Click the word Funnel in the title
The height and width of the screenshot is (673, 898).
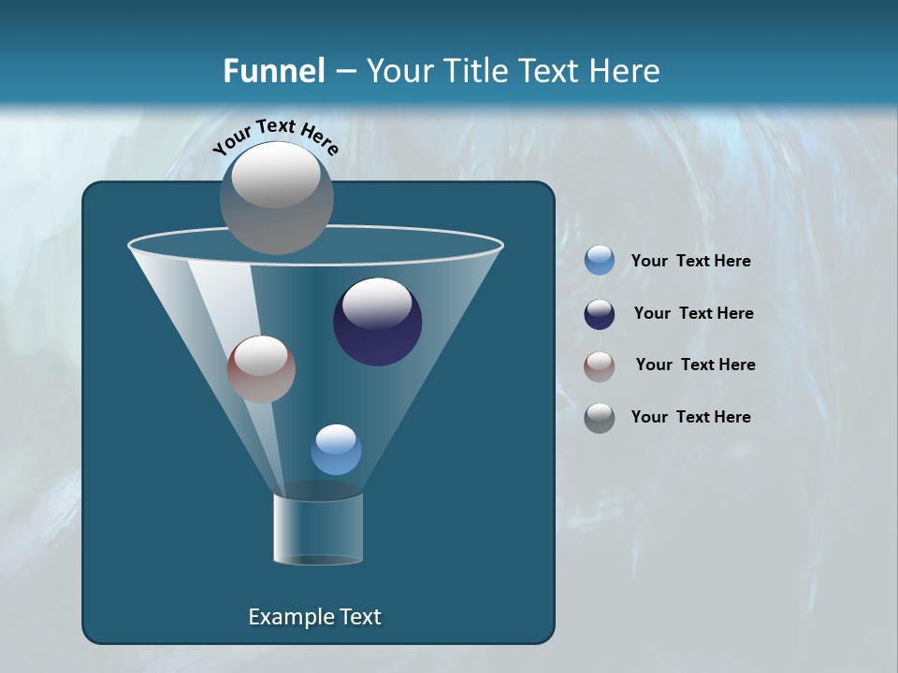[273, 71]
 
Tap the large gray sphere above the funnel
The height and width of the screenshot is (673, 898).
[277, 197]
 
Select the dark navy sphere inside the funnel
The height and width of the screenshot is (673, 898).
[378, 322]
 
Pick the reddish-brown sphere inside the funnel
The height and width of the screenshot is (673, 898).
[262, 369]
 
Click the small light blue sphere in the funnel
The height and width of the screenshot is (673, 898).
[336, 450]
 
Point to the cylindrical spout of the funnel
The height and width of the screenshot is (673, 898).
[318, 529]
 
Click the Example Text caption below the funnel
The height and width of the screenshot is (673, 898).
[314, 617]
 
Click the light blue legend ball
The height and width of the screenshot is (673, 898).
[600, 261]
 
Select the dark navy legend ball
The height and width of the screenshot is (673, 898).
[600, 314]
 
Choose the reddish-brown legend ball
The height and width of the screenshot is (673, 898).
[600, 366]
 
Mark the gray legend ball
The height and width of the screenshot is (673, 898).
[600, 418]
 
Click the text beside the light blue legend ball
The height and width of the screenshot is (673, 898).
[690, 262]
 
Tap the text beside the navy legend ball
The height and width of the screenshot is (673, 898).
[693, 313]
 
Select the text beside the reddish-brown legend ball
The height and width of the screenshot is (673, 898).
[695, 365]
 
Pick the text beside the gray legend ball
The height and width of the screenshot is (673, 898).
[690, 417]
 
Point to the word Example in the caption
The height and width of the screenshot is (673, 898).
[287, 617]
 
